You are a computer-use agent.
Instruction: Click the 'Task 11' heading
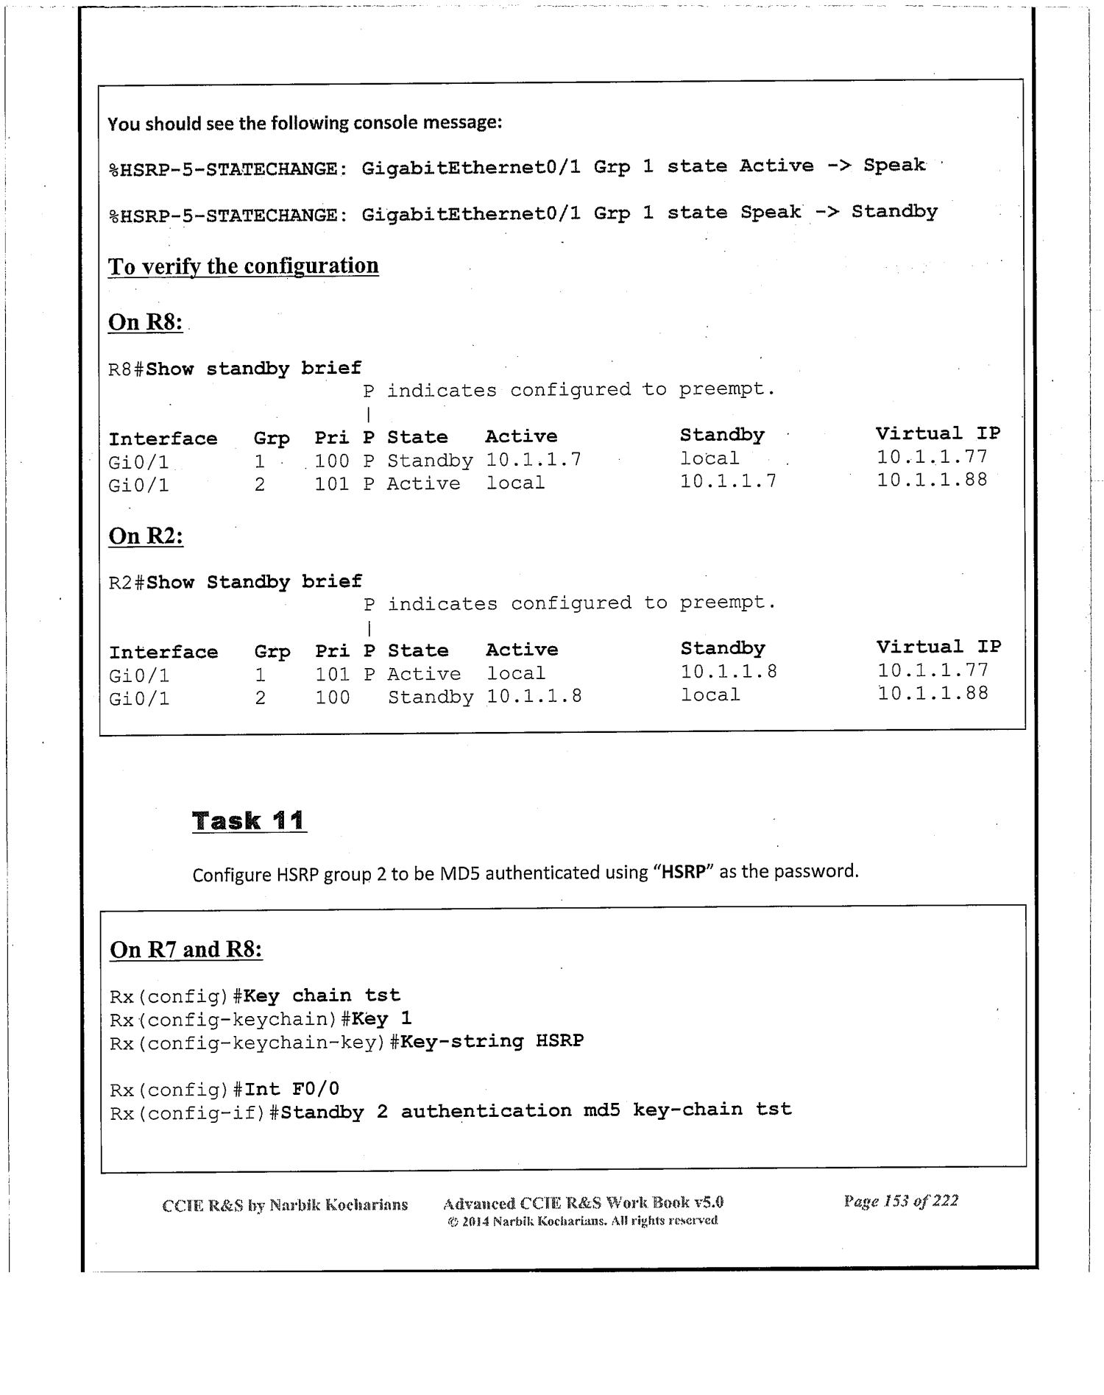(x=249, y=820)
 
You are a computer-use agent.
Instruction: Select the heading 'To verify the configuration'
(x=243, y=266)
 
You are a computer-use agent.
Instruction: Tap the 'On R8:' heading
(x=145, y=322)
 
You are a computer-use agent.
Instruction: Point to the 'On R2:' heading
(x=146, y=536)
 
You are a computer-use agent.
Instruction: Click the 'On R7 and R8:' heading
(x=185, y=950)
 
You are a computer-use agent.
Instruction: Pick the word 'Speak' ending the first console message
(x=894, y=166)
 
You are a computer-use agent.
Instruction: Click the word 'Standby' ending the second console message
(x=894, y=212)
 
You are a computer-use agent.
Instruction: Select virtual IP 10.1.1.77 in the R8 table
(x=932, y=457)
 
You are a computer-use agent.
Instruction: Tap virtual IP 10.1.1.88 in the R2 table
(x=933, y=694)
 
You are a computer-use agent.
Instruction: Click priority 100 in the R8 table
(x=332, y=461)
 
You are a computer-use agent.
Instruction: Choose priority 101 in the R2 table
(x=333, y=674)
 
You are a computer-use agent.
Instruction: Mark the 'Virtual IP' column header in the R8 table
(x=938, y=433)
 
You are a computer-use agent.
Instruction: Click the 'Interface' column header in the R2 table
(x=163, y=653)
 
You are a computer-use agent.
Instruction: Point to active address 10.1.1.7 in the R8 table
(x=534, y=461)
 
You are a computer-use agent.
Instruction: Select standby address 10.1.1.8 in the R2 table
(x=729, y=672)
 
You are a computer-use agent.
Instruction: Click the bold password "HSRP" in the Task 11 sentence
(x=684, y=873)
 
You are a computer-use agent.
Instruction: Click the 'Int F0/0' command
(x=291, y=1089)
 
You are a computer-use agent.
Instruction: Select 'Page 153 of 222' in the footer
(x=901, y=1201)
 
